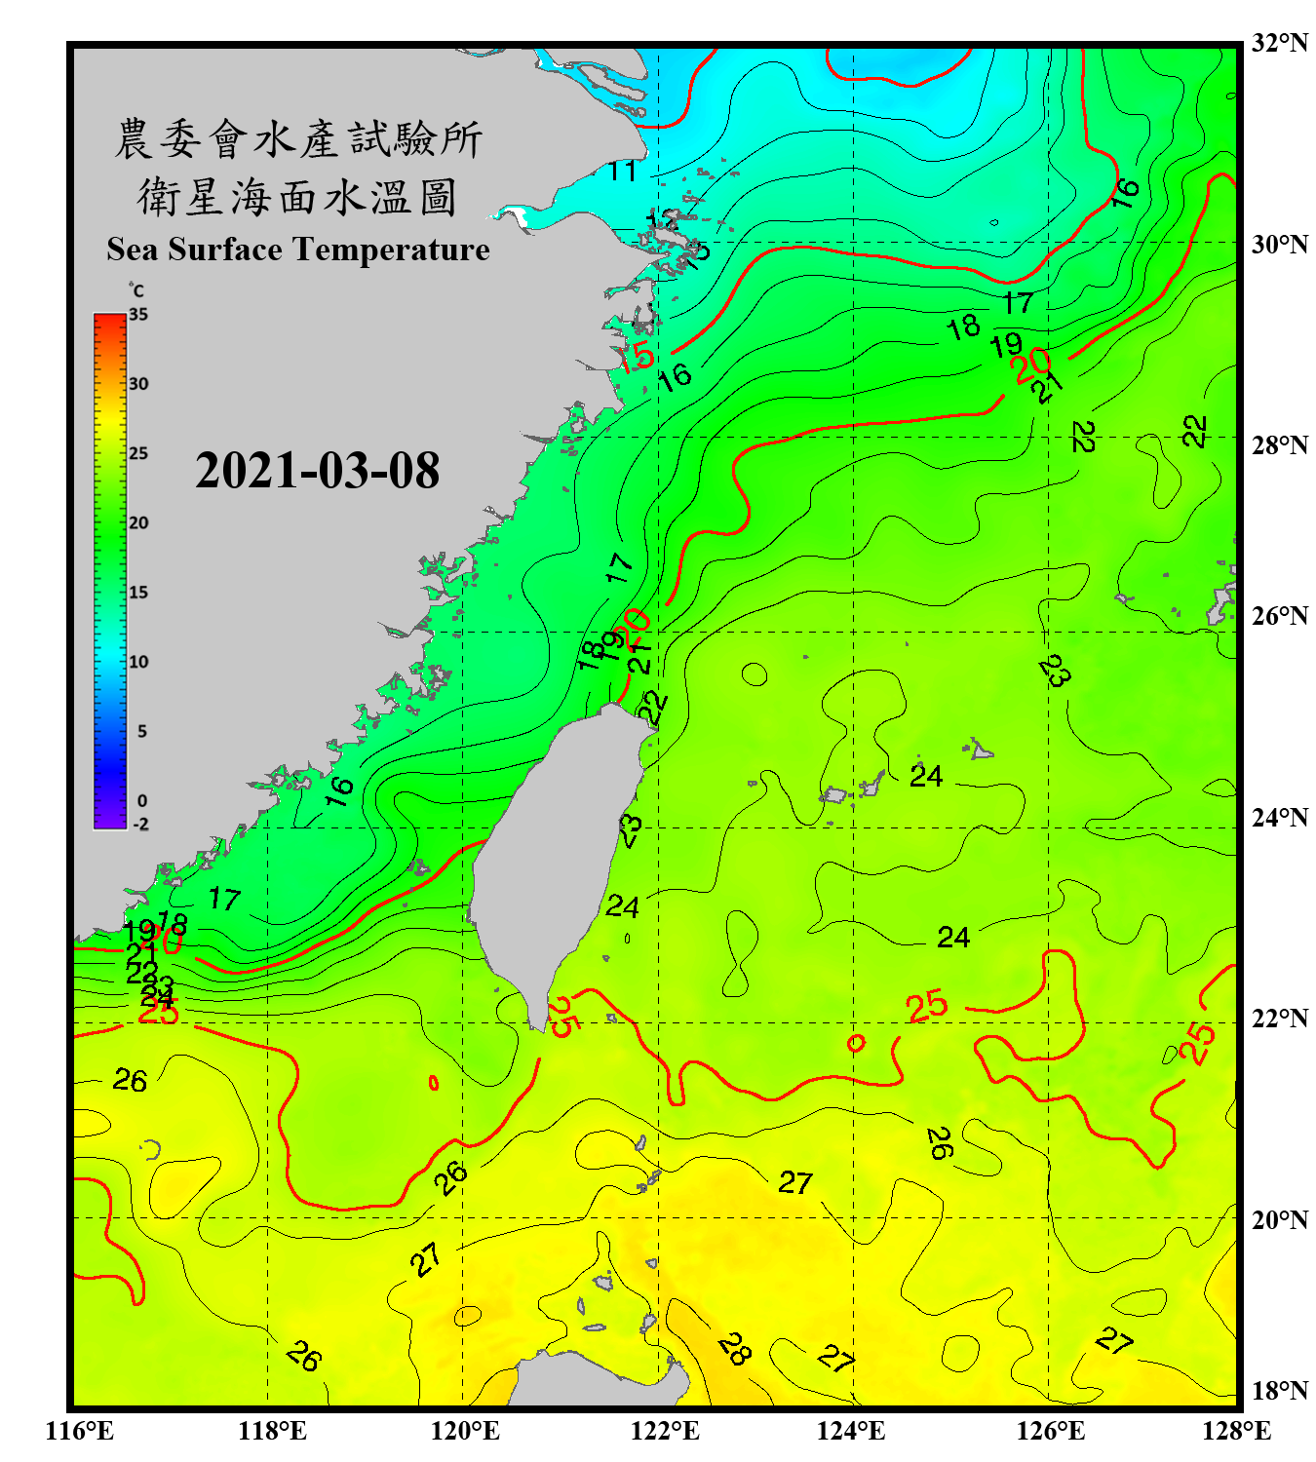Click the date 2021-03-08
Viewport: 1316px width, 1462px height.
[x=317, y=471]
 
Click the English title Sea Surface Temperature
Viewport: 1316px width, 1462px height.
[x=298, y=250]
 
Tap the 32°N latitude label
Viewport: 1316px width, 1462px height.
[x=1279, y=43]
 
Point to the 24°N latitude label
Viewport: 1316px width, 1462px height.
[x=1279, y=817]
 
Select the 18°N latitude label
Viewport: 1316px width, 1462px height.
[x=1279, y=1391]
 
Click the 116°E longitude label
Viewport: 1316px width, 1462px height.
[x=80, y=1431]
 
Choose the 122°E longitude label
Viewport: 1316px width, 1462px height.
[x=665, y=1431]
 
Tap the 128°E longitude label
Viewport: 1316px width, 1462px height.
[x=1236, y=1431]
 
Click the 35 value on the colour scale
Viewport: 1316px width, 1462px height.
[x=138, y=315]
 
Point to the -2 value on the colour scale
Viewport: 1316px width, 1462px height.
[x=140, y=824]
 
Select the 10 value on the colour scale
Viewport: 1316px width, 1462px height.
[x=138, y=662]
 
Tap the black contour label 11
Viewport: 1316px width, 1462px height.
[x=622, y=172]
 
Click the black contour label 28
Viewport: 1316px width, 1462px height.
[x=734, y=1349]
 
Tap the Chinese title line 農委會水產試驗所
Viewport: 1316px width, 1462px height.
[x=298, y=139]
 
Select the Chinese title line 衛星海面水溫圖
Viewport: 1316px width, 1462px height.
[x=297, y=197]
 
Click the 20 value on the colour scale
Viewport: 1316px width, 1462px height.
[x=138, y=522]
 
